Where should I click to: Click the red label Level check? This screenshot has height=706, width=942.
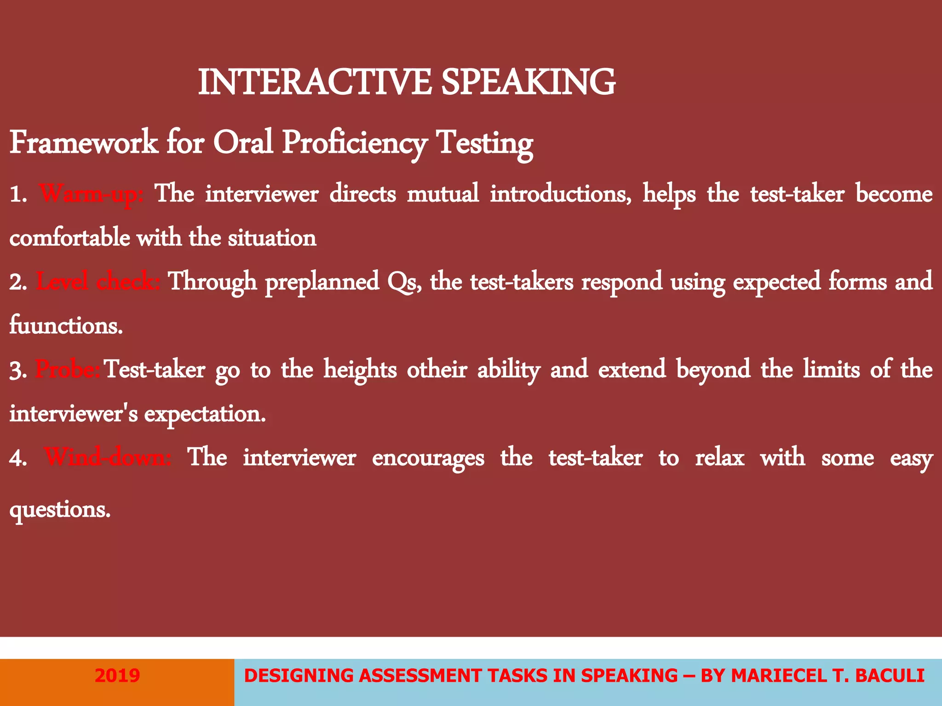coord(98,282)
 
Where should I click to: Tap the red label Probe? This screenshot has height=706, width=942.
coord(68,370)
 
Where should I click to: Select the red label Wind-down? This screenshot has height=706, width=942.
coord(108,458)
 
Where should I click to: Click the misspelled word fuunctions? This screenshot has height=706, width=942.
coord(66,325)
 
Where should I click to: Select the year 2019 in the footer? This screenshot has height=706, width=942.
coord(117,676)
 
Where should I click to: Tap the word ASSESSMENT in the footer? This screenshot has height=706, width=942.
coord(420,676)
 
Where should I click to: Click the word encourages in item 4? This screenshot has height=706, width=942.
coord(428,458)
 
